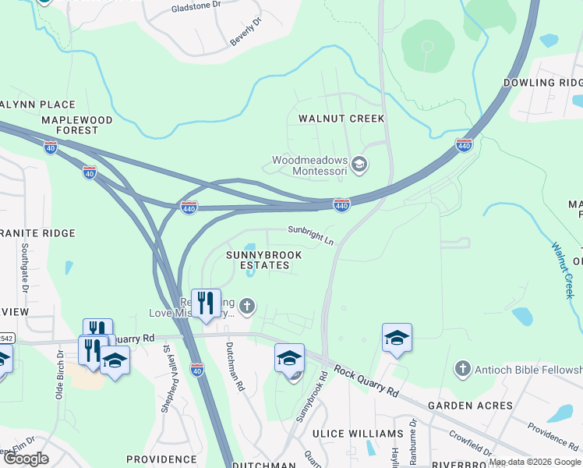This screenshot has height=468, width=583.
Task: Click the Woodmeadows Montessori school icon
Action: pos(359,164)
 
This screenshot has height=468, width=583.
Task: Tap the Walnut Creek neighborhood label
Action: pos(341,119)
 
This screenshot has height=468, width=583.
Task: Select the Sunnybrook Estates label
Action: pos(259,260)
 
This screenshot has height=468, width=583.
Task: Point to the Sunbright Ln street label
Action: pos(310,235)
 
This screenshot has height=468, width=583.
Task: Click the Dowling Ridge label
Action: pos(542,83)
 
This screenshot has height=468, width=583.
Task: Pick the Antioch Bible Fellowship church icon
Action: pos(463,367)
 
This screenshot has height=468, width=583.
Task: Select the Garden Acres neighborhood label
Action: pos(471,406)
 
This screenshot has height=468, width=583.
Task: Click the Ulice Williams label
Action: pos(358,433)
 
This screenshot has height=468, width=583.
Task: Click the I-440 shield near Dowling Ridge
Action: pos(464,145)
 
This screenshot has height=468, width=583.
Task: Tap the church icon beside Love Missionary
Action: pos(247,306)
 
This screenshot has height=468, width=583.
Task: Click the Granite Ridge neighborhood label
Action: pos(37,233)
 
